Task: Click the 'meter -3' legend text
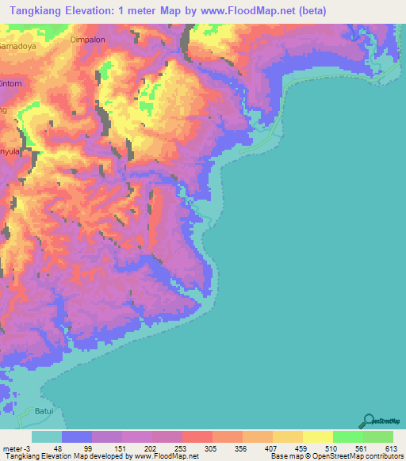[13, 448]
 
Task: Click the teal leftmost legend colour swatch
[47, 436]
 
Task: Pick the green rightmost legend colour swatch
[377, 436]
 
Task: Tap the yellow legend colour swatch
[317, 436]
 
